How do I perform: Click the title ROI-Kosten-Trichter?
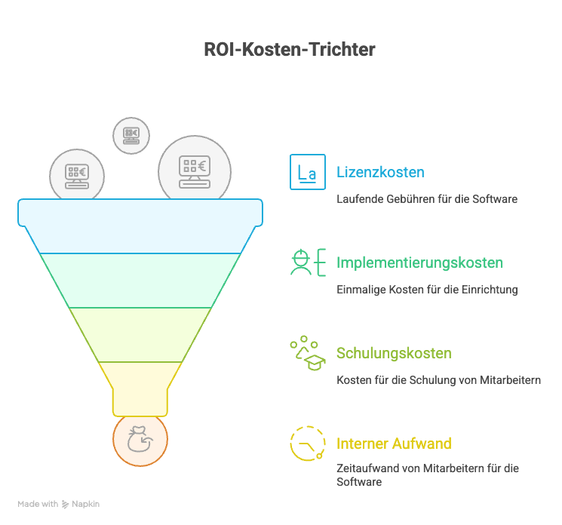pos(290,50)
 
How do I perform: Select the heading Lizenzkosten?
pos(380,172)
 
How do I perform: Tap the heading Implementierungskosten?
pos(419,263)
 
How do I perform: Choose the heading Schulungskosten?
pos(394,353)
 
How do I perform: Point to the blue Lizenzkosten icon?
pos(307,172)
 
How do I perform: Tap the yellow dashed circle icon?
pos(307,444)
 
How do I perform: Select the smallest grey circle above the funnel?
pos(131,136)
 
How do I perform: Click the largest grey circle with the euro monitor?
pos(194,169)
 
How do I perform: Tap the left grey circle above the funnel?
pos(76,175)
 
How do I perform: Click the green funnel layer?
pos(140,281)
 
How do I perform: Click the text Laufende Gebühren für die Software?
pos(426,200)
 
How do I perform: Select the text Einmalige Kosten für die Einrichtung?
pos(426,290)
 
